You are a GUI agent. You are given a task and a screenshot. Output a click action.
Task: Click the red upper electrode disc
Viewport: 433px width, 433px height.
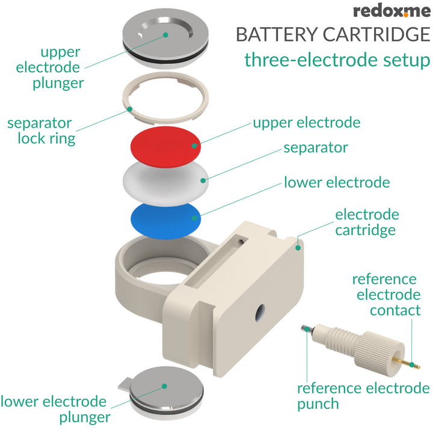(x=165, y=147)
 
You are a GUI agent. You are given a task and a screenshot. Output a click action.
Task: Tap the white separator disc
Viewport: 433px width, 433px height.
(x=165, y=180)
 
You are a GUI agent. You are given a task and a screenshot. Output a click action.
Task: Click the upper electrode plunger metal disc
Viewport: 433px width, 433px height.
(x=165, y=33)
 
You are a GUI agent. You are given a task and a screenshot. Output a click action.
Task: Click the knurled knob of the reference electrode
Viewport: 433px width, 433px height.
(x=376, y=355)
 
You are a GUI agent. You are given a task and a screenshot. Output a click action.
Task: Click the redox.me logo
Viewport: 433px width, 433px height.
(x=391, y=11)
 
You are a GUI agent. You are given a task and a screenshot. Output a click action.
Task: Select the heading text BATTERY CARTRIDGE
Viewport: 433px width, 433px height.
(x=333, y=34)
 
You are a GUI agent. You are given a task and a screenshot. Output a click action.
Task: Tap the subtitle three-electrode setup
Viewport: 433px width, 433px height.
(x=337, y=60)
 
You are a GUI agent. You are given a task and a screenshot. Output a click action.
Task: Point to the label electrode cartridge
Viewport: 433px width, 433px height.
(x=366, y=222)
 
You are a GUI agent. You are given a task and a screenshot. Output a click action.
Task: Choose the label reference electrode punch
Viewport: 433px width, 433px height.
(x=363, y=396)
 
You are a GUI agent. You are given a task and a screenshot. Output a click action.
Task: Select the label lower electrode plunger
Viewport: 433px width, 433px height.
(x=54, y=409)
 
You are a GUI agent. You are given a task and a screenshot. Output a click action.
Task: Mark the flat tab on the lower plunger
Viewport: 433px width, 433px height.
(x=124, y=384)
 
